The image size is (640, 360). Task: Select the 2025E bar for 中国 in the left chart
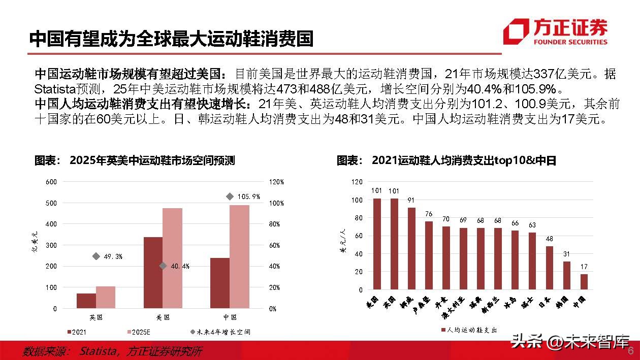click(239, 256)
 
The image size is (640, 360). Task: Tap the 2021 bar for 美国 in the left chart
click(153, 273)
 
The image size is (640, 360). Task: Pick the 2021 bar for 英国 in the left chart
click(86, 301)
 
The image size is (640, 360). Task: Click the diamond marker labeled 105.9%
click(230, 197)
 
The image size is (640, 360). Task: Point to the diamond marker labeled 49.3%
click(96, 256)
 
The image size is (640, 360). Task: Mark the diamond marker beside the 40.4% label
click(163, 266)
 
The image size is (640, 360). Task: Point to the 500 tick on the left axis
click(52, 203)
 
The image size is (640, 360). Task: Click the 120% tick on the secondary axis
click(276, 182)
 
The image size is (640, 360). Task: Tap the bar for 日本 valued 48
click(550, 268)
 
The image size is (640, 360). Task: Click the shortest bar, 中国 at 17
click(584, 281)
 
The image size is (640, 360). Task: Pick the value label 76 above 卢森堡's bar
click(429, 214)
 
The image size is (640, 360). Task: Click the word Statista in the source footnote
click(100, 351)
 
